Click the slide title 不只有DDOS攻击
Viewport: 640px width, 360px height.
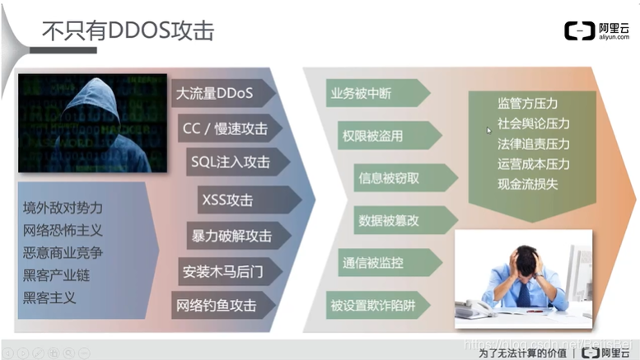(128, 30)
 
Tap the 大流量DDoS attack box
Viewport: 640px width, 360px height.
(219, 93)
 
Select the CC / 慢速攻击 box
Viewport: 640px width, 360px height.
(224, 129)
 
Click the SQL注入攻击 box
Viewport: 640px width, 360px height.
(229, 163)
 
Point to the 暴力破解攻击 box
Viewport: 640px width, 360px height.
(231, 236)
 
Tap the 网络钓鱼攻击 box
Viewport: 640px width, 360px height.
(217, 305)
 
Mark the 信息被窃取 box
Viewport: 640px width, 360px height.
(389, 177)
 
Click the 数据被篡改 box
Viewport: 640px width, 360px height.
(389, 220)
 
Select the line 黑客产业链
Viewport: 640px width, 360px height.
(56, 275)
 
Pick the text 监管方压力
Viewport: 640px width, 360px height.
(527, 104)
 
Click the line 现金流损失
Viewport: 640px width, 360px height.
(527, 184)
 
